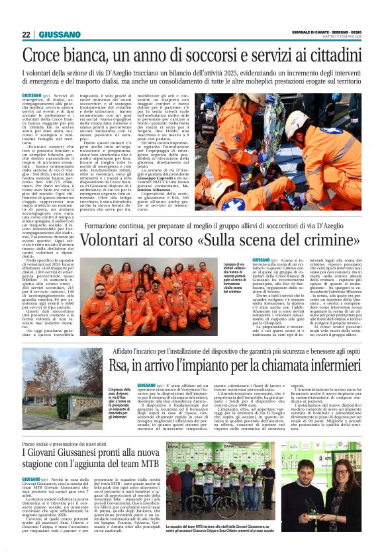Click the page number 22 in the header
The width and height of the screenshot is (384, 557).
point(26,34)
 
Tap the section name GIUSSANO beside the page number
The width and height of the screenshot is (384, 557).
point(60,34)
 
